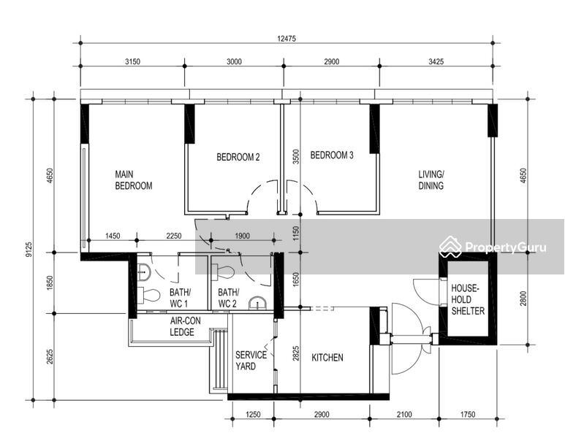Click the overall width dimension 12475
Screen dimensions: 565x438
point(287,39)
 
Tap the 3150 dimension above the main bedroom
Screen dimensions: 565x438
point(132,61)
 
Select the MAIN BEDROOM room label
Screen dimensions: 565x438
point(133,180)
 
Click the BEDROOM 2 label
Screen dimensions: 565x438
point(238,157)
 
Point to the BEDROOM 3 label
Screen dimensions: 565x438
point(332,155)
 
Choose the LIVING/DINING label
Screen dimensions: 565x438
point(431,180)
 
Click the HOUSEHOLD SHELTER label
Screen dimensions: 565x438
point(468,299)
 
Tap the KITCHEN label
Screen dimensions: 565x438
point(327,358)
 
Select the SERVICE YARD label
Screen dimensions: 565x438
point(251,361)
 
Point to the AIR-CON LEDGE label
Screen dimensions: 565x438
point(185,326)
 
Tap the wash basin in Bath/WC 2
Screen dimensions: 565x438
point(257,303)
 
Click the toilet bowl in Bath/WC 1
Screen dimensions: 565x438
point(149,295)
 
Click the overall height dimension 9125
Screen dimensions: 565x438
point(29,249)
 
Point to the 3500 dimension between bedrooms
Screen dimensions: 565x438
point(296,156)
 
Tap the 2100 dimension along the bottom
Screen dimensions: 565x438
point(404,415)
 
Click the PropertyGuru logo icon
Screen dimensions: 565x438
point(450,247)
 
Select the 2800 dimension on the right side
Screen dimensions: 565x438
point(523,299)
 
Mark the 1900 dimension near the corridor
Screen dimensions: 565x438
point(242,236)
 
